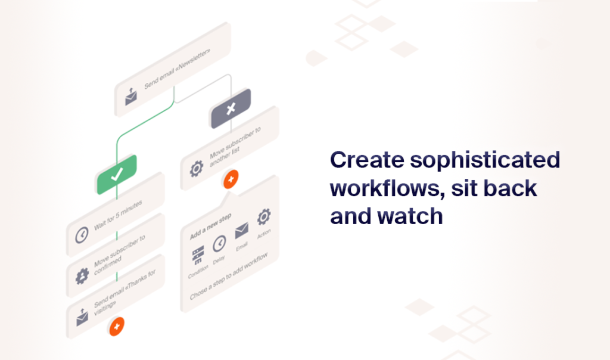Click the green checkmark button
click(117, 175)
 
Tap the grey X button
click(231, 108)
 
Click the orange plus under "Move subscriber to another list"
click(231, 179)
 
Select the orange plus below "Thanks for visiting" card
click(117, 326)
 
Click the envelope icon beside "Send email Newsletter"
click(131, 97)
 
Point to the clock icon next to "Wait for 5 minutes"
click(82, 235)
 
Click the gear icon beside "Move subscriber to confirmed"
click(82, 276)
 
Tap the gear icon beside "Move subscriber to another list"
click(197, 169)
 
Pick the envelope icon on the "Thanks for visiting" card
click(82, 317)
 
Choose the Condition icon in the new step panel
click(198, 255)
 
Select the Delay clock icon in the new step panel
click(219, 244)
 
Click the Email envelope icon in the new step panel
click(242, 231)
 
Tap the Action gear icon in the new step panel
click(264, 217)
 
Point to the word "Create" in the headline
click(367, 160)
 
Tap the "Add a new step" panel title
click(210, 226)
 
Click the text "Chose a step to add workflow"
click(229, 276)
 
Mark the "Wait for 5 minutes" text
click(119, 215)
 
